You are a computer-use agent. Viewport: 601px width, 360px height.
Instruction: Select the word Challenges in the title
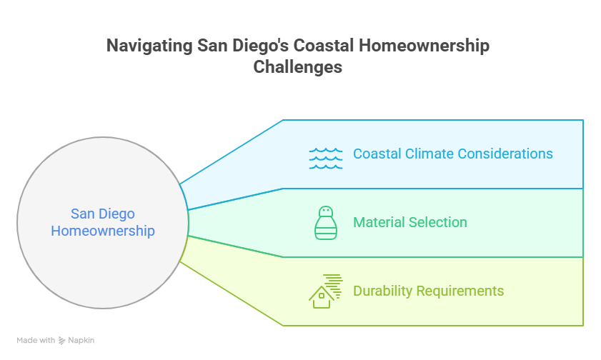click(298, 68)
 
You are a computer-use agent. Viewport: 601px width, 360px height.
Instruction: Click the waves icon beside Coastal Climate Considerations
click(325, 158)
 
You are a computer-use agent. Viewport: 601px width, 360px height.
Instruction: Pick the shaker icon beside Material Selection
click(325, 222)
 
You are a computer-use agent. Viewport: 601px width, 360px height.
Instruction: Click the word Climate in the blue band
click(429, 154)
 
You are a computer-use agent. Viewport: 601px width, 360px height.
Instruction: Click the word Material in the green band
click(379, 222)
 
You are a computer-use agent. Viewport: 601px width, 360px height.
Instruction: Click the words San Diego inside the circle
click(103, 214)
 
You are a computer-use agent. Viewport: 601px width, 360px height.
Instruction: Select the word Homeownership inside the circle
click(103, 231)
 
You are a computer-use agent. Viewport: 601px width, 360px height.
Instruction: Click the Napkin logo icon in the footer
click(61, 341)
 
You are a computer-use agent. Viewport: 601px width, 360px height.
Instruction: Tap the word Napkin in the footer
click(81, 341)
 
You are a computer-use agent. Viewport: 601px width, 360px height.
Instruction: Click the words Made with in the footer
click(36, 341)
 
